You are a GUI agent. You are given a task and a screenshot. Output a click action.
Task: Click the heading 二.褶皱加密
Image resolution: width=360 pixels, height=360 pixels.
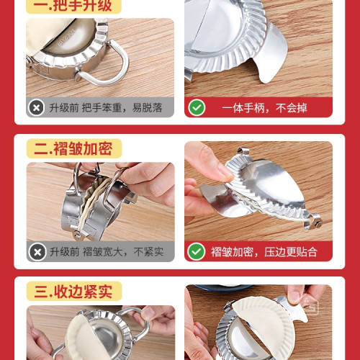tap(73, 149)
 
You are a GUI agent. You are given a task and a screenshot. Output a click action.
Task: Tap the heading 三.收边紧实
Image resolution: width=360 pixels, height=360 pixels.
tap(73, 292)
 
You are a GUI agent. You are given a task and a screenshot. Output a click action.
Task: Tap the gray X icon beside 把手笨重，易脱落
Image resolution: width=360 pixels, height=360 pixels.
tap(37, 107)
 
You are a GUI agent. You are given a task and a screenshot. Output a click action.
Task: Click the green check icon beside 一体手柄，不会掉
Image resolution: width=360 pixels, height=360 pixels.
tap(197, 107)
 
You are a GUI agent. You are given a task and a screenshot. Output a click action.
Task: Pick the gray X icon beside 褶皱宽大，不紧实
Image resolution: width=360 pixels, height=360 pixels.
tap(37, 251)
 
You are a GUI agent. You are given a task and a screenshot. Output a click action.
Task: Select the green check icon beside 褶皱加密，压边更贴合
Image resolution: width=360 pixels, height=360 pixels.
tap(197, 251)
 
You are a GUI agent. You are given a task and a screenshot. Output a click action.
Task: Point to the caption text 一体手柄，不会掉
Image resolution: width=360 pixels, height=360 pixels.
tap(264, 107)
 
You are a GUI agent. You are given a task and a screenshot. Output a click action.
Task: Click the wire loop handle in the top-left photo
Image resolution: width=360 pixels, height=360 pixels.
tap(108, 68)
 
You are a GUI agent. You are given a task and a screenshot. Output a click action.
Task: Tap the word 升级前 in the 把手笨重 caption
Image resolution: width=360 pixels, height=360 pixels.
tap(63, 107)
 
